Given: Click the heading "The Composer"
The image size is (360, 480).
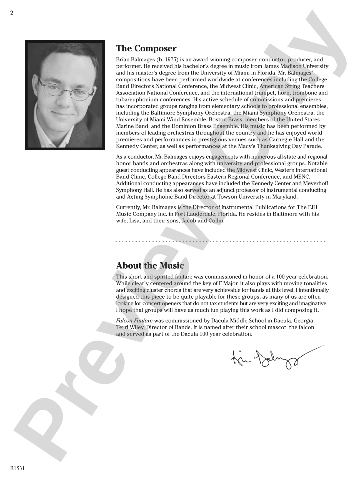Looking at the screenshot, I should pos(146,49).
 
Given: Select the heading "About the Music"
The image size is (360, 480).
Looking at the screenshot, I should pos(150,266).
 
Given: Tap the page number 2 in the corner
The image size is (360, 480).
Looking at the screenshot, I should pos(12,13).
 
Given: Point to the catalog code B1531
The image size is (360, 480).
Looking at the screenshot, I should pos(17,468).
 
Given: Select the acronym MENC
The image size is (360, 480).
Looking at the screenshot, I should pos(302,177).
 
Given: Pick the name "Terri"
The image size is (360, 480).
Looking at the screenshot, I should pos(122,327).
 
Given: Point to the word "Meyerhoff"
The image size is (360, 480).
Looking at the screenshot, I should pos(315,184).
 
